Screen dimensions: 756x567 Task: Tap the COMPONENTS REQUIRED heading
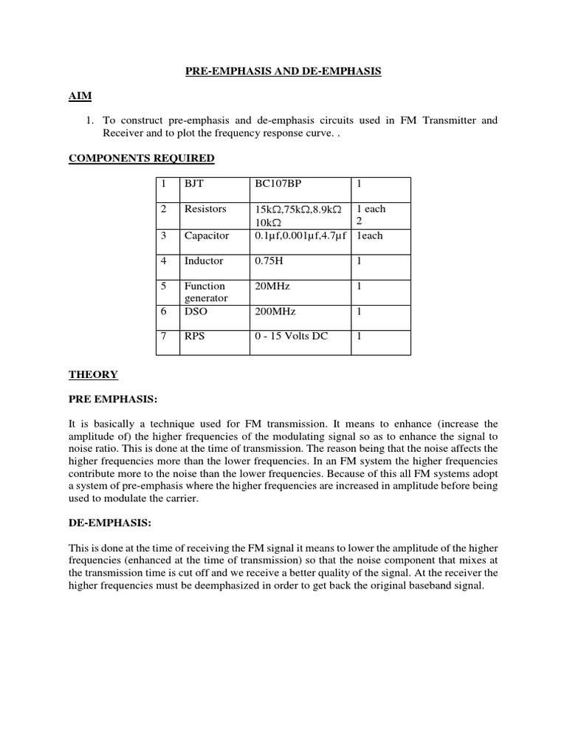tap(142, 158)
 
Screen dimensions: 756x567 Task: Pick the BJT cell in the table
tap(194, 182)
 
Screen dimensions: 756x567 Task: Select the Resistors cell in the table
tap(205, 209)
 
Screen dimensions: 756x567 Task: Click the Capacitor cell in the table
tap(207, 236)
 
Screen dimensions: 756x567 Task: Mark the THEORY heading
tap(93, 374)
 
